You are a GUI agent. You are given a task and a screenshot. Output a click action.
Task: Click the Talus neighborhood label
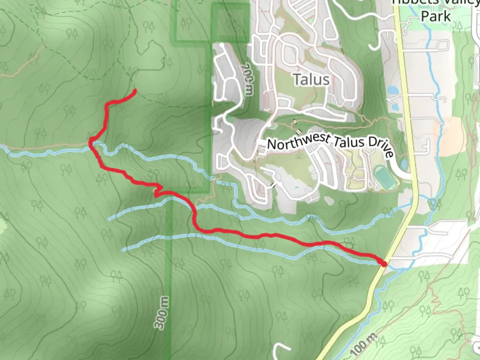pyautogui.click(x=311, y=80)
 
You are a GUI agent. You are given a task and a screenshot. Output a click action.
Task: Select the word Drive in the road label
pyautogui.click(x=382, y=147)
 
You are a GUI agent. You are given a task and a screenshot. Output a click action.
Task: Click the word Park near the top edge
pyautogui.click(x=436, y=16)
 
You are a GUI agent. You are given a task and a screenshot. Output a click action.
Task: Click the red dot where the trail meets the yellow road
pyautogui.click(x=384, y=264)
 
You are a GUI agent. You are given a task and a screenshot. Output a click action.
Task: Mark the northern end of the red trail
pyautogui.click(x=135, y=90)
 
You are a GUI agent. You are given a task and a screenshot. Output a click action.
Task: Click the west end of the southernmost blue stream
pyautogui.click(x=123, y=250)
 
